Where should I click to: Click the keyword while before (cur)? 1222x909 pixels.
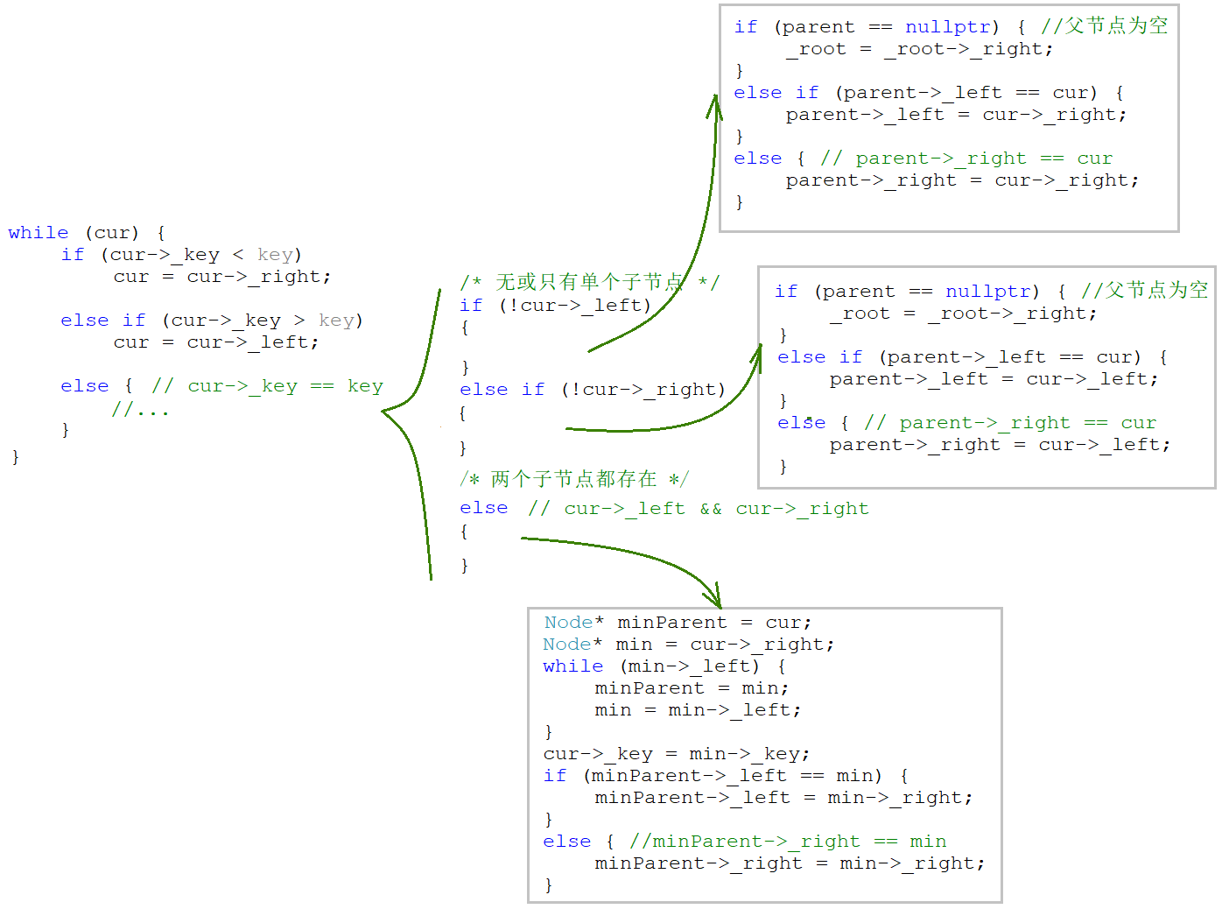click(38, 233)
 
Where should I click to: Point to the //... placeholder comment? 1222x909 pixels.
click(140, 409)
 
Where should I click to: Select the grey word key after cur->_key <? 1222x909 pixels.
click(274, 255)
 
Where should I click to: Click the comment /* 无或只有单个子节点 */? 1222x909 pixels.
click(589, 282)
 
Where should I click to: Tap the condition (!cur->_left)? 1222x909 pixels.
click(575, 306)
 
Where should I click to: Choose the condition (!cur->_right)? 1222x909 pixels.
click(643, 390)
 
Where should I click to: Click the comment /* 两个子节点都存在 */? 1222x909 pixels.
click(574, 479)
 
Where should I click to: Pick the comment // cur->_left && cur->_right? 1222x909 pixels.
click(698, 509)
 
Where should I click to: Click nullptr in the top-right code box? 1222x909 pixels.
click(947, 27)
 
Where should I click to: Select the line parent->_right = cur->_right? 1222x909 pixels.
click(962, 180)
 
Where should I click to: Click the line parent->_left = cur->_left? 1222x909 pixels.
click(994, 379)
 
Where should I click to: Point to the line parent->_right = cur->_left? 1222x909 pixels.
click(1000, 445)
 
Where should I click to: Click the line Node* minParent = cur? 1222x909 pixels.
click(678, 623)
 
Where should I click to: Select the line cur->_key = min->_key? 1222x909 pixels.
click(677, 754)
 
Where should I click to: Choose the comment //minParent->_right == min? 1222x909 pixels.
click(788, 842)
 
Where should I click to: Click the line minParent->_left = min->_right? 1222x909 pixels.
click(783, 798)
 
